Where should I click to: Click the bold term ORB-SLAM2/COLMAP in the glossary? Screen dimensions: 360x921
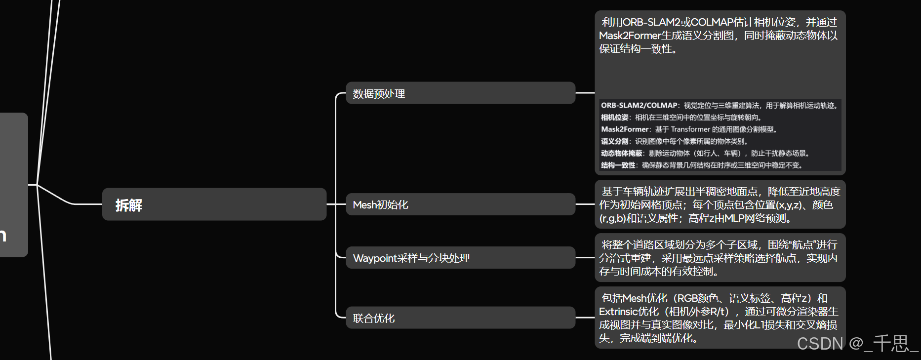pos(639,105)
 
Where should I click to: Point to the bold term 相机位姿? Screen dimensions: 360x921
pos(614,118)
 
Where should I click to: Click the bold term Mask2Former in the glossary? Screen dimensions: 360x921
pos(625,129)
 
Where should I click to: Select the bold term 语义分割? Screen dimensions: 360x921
pos(614,141)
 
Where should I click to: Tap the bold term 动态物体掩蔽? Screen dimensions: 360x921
pos(621,153)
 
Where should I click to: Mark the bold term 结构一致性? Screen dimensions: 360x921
pos(618,165)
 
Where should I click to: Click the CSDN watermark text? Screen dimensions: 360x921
pos(857,343)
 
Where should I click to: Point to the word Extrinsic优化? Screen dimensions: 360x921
pos(629,312)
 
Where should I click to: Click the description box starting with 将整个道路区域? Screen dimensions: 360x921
pos(720,258)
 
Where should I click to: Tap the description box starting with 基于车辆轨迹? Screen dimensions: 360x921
pos(720,204)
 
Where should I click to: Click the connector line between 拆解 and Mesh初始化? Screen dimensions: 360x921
pos(336,204)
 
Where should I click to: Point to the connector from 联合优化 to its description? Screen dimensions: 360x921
pos(585,318)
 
